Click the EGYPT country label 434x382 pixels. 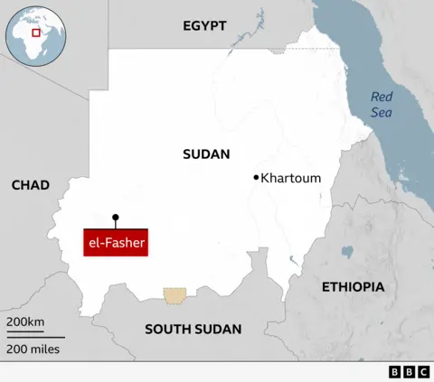(204, 26)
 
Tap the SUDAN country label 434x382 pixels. (206, 154)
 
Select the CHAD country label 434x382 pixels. (31, 185)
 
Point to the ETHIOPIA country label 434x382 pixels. (353, 286)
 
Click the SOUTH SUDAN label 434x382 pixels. (193, 329)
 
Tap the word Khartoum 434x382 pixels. (290, 178)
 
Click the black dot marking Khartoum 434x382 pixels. (257, 177)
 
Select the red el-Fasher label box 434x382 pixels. (115, 243)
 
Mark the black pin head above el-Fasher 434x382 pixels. (115, 217)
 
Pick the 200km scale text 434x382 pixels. (25, 322)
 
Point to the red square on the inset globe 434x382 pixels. (36, 33)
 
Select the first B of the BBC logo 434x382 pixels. (395, 372)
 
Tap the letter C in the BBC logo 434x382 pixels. (421, 372)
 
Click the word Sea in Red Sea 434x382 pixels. (382, 112)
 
